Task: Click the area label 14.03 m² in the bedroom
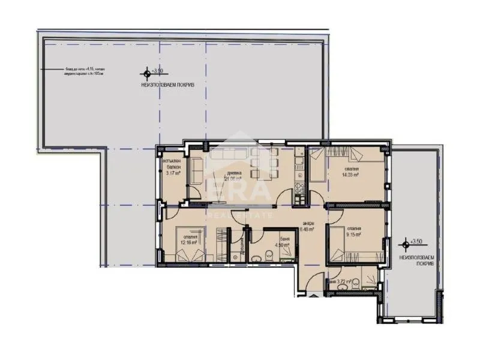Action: [x=351, y=176]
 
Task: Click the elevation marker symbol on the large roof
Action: [x=145, y=75]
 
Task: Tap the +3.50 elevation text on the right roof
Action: [x=416, y=242]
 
